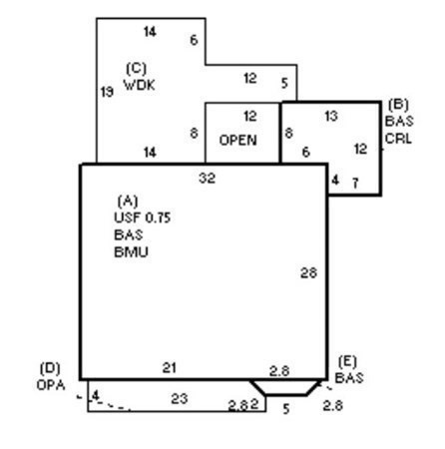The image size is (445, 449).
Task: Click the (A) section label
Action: (x=128, y=201)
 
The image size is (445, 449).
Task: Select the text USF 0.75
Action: (x=143, y=218)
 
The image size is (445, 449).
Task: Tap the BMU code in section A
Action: (x=131, y=252)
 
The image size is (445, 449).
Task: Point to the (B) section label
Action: (x=398, y=105)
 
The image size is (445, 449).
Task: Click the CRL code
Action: (x=398, y=139)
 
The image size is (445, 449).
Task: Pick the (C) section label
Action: (x=137, y=69)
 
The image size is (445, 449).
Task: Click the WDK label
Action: (x=140, y=85)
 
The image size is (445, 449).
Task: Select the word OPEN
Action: (x=238, y=140)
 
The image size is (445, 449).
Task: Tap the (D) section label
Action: (x=50, y=368)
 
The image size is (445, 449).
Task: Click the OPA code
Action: (x=51, y=385)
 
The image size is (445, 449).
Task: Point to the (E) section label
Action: (x=347, y=361)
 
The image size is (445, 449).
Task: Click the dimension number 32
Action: (x=208, y=179)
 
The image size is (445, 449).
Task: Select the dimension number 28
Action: (x=308, y=273)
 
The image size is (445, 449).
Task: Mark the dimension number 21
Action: (x=170, y=368)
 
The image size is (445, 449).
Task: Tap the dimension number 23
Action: (x=180, y=398)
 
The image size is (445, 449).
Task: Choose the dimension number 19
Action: (x=107, y=92)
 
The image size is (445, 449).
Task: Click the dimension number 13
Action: (x=331, y=116)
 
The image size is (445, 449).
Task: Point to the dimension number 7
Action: (x=355, y=183)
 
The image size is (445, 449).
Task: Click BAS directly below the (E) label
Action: (x=349, y=378)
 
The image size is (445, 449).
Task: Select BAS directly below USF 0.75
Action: (x=129, y=234)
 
